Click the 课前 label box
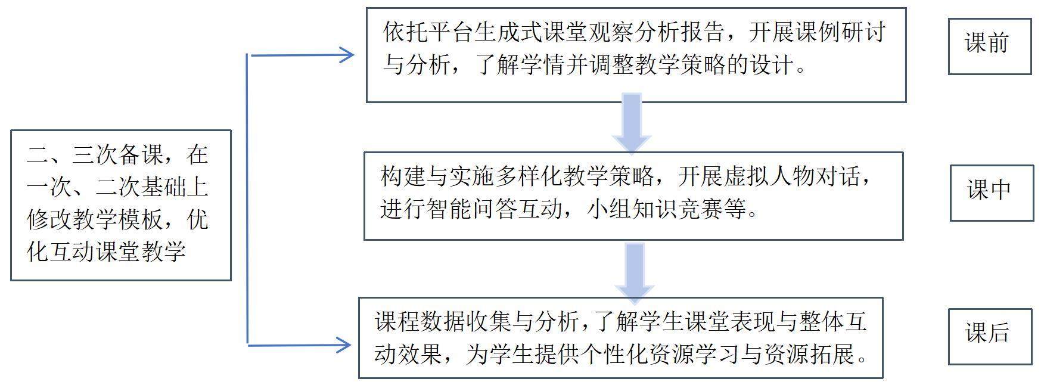[x=989, y=46]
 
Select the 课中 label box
[x=991, y=192]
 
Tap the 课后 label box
[x=989, y=336]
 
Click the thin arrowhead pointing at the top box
[x=346, y=55]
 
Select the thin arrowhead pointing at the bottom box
[x=343, y=344]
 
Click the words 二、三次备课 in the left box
[x=95, y=155]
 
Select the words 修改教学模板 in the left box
[x=94, y=220]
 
